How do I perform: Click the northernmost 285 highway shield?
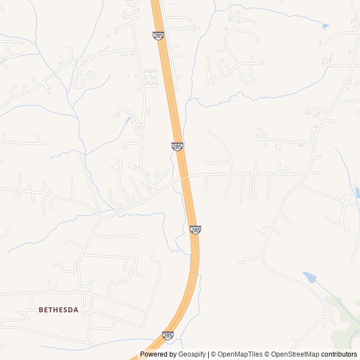pos(158,35)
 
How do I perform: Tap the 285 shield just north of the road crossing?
pos(177,146)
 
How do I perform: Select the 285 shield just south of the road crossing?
pos(195,229)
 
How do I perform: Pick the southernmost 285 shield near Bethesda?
pos(168,335)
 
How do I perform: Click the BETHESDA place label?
pos(58,310)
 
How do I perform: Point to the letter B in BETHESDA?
pos(41,310)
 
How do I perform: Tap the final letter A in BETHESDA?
pos(76,310)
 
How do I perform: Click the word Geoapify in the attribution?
pos(192,354)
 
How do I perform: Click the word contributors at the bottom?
pos(339,354)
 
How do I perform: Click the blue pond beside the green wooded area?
pos(309,277)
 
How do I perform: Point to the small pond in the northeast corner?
pos(325,26)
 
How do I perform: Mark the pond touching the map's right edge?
pos(357,193)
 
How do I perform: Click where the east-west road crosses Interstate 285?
pos(184,177)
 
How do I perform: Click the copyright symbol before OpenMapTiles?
pos(214,354)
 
